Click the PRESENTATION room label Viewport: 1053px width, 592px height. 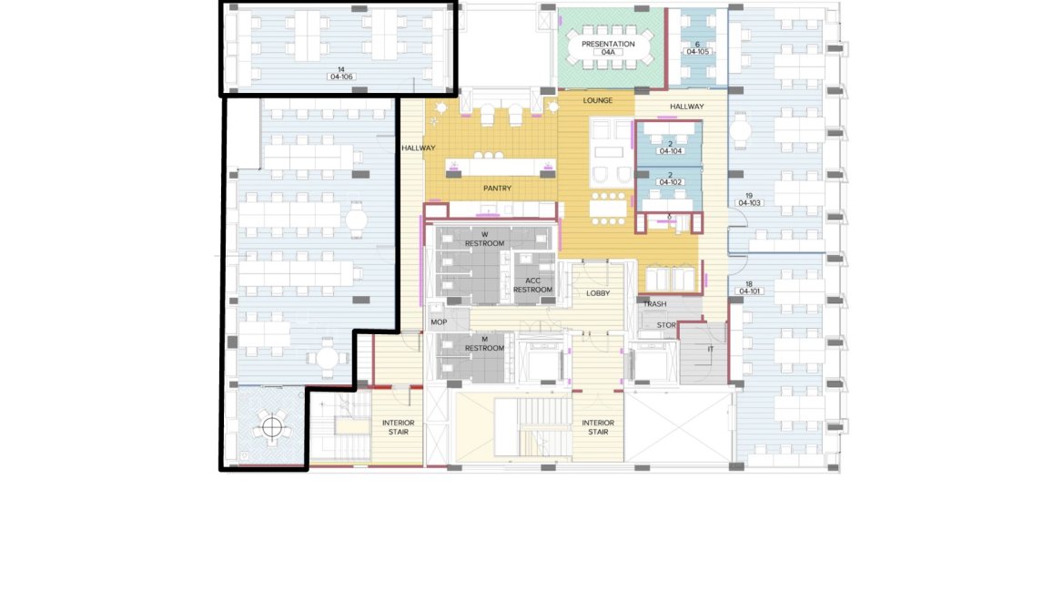pos(608,44)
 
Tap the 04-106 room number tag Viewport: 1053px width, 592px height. pos(341,77)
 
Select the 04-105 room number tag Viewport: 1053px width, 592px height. pos(698,52)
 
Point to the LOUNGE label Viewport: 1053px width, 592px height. pos(598,100)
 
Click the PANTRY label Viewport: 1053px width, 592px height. pos(497,189)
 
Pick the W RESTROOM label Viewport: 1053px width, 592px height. pos(484,240)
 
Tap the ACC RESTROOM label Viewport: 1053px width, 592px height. pos(532,285)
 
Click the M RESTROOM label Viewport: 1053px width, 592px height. pos(484,343)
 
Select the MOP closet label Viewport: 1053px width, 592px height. pos(439,322)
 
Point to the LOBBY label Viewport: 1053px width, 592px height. pos(598,293)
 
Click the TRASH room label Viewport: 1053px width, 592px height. pos(654,303)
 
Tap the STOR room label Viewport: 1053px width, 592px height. pos(666,324)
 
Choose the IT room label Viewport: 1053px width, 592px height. pos(711,349)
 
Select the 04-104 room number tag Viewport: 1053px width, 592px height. pos(670,151)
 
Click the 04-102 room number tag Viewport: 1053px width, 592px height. pos(670,182)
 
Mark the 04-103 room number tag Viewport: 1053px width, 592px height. pos(749,203)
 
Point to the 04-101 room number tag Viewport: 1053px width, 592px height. pos(749,291)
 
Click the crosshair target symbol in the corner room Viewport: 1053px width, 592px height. pos(271,427)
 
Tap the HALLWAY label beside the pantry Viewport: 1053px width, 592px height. pos(418,148)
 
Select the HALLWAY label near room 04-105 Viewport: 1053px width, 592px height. pos(686,107)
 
